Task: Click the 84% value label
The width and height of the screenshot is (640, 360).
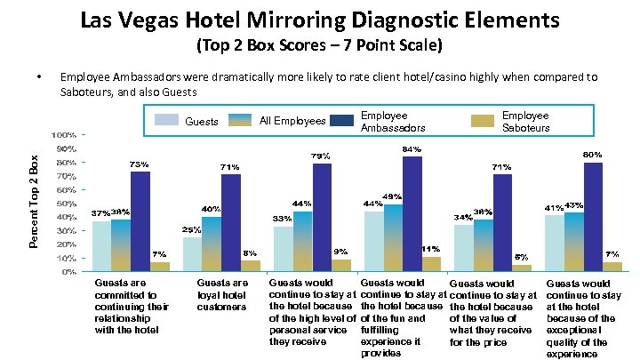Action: pos(412,149)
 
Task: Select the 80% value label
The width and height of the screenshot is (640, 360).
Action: pos(593,155)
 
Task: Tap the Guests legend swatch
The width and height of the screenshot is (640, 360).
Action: pos(167,119)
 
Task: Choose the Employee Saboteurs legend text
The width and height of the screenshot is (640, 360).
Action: pos(525,122)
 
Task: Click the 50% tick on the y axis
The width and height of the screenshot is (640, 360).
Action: pos(64,204)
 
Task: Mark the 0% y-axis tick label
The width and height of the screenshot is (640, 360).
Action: pos(67,272)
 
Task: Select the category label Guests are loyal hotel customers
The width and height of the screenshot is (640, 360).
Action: pos(221,295)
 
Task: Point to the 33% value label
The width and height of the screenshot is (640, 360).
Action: pos(282,219)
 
